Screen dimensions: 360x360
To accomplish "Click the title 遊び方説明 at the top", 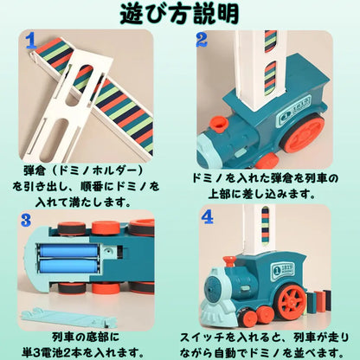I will [180, 16].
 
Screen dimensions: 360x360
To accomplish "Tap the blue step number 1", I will [30, 40].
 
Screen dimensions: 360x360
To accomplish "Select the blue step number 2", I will [201, 40].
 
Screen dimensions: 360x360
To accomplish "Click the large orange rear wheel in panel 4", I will [292, 302].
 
